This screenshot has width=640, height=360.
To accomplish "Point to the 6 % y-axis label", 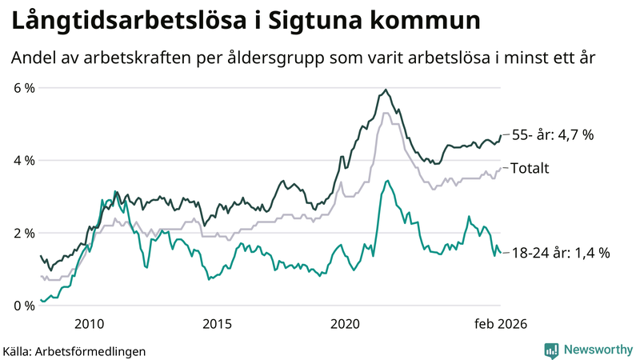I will [x=23, y=87].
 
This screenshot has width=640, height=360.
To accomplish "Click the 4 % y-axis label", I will [x=23, y=160].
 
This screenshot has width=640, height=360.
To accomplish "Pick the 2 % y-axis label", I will [x=23, y=233].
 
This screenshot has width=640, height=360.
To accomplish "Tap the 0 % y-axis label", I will [x=23, y=306].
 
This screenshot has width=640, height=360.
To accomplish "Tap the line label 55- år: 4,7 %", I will [x=552, y=135].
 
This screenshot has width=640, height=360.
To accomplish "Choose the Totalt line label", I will [x=529, y=168].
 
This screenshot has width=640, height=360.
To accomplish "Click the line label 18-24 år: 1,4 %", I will [x=560, y=253].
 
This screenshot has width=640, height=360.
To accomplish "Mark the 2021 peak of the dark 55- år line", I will [x=386, y=90].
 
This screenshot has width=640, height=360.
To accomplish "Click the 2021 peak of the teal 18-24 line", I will [x=387, y=181].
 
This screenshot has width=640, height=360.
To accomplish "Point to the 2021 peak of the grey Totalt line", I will [x=386, y=113].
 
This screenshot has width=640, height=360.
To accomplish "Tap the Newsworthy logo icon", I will [x=551, y=350].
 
